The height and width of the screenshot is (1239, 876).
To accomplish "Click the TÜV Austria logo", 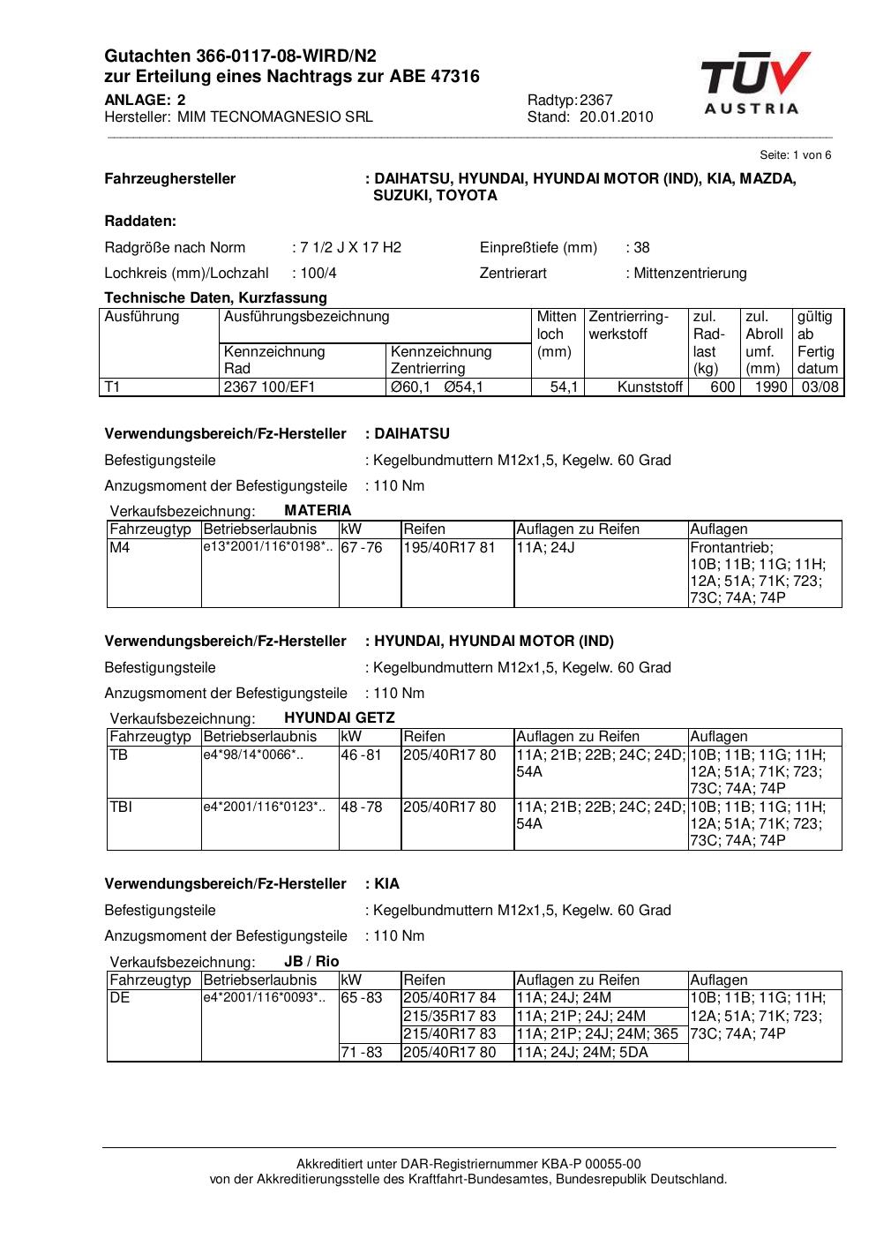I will [755, 84].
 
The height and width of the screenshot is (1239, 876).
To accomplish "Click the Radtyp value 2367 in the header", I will [596, 101].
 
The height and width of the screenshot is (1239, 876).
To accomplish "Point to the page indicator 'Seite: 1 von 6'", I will [795, 155].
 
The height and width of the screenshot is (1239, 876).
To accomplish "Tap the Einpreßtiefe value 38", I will [641, 248].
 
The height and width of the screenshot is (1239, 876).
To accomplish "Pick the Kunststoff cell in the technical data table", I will [650, 387].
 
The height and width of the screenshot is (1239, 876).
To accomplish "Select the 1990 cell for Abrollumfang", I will [771, 387].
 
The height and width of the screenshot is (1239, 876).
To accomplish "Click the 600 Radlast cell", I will [723, 387].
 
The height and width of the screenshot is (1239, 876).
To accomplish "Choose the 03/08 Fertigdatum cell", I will [819, 387].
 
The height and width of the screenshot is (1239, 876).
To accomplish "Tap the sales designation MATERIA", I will [318, 511].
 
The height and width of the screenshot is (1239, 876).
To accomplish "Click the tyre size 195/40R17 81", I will [450, 548].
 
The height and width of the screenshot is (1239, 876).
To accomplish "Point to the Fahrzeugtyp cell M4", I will [119, 548].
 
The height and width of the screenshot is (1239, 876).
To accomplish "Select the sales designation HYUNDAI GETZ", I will [340, 718].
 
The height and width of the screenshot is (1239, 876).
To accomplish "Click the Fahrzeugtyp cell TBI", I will [121, 807].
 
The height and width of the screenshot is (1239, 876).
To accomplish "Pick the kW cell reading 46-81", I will [362, 755].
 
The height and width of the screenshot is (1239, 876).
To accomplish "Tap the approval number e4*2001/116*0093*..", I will [264, 998].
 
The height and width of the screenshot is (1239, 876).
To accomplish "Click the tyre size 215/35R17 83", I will [450, 1017].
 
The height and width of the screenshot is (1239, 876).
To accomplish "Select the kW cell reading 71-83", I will [362, 1053].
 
